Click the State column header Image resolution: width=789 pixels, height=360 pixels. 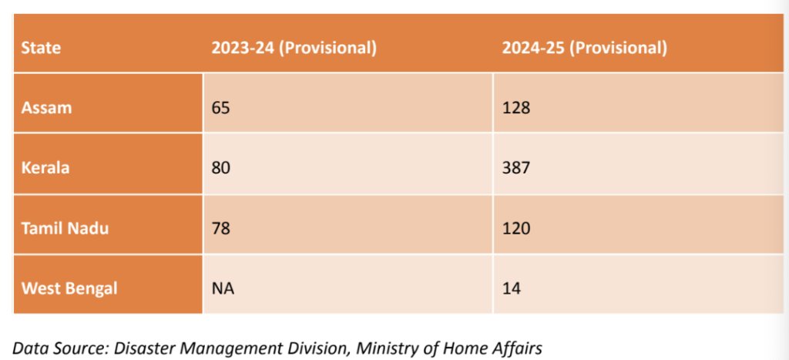(41, 48)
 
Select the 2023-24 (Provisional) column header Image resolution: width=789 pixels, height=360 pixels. (294, 48)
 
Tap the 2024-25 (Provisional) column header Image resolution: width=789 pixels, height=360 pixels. (584, 48)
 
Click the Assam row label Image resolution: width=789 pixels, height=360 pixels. (46, 107)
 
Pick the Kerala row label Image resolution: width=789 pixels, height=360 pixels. (46, 167)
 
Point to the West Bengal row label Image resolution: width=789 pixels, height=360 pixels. (69, 288)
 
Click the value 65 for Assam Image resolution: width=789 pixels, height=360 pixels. (221, 107)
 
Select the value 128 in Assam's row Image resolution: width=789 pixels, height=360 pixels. (516, 107)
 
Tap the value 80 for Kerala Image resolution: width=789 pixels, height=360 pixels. (221, 167)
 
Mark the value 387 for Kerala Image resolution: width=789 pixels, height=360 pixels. (516, 167)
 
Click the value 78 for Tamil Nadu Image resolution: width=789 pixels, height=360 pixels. (221, 227)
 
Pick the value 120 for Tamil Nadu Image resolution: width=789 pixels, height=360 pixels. (516, 227)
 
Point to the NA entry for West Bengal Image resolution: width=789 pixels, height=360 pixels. (223, 288)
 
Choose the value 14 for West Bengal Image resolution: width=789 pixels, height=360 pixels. (512, 288)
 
